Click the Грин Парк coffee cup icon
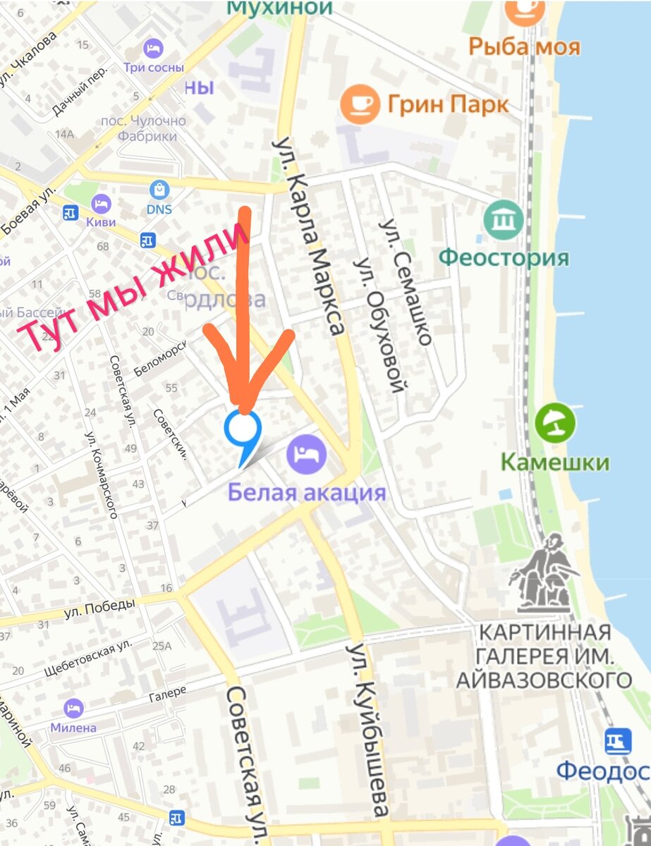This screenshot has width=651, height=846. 359,104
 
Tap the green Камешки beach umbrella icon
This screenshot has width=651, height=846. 555,424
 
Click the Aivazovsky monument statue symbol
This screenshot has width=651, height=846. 544,575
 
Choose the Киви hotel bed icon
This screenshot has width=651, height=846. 101,204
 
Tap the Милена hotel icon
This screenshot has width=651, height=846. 73,708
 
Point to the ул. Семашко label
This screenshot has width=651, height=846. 406,282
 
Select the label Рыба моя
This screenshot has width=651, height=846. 525,47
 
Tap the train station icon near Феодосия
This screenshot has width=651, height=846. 617,742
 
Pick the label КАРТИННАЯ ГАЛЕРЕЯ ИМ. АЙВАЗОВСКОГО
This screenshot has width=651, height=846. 544,655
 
